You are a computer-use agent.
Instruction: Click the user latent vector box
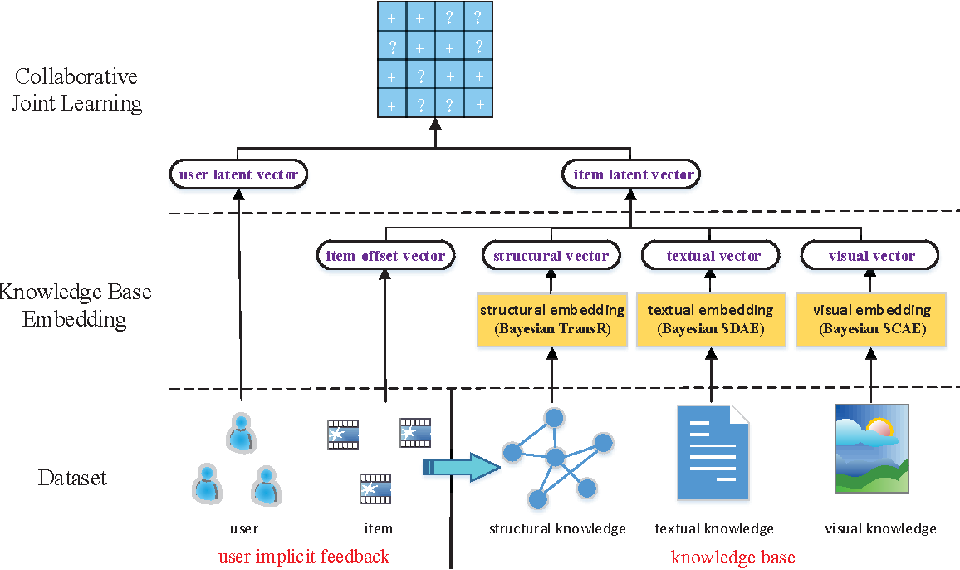(238, 174)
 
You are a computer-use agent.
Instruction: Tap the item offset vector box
(385, 256)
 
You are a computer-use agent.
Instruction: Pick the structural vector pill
(551, 256)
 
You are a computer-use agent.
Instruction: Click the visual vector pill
(869, 256)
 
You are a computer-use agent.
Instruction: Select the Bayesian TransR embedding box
(551, 319)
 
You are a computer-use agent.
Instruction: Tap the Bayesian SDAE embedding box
(711, 319)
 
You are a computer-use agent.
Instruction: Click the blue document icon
(713, 453)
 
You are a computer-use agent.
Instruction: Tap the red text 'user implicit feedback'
(303, 557)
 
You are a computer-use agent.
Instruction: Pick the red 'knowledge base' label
(732, 558)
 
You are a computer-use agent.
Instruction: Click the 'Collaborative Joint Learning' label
(76, 90)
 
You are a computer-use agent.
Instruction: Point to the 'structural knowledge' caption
(556, 528)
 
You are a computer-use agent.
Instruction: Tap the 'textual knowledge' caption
(713, 528)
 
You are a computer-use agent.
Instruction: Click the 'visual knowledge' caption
(879, 528)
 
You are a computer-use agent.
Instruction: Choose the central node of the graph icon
(555, 456)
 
